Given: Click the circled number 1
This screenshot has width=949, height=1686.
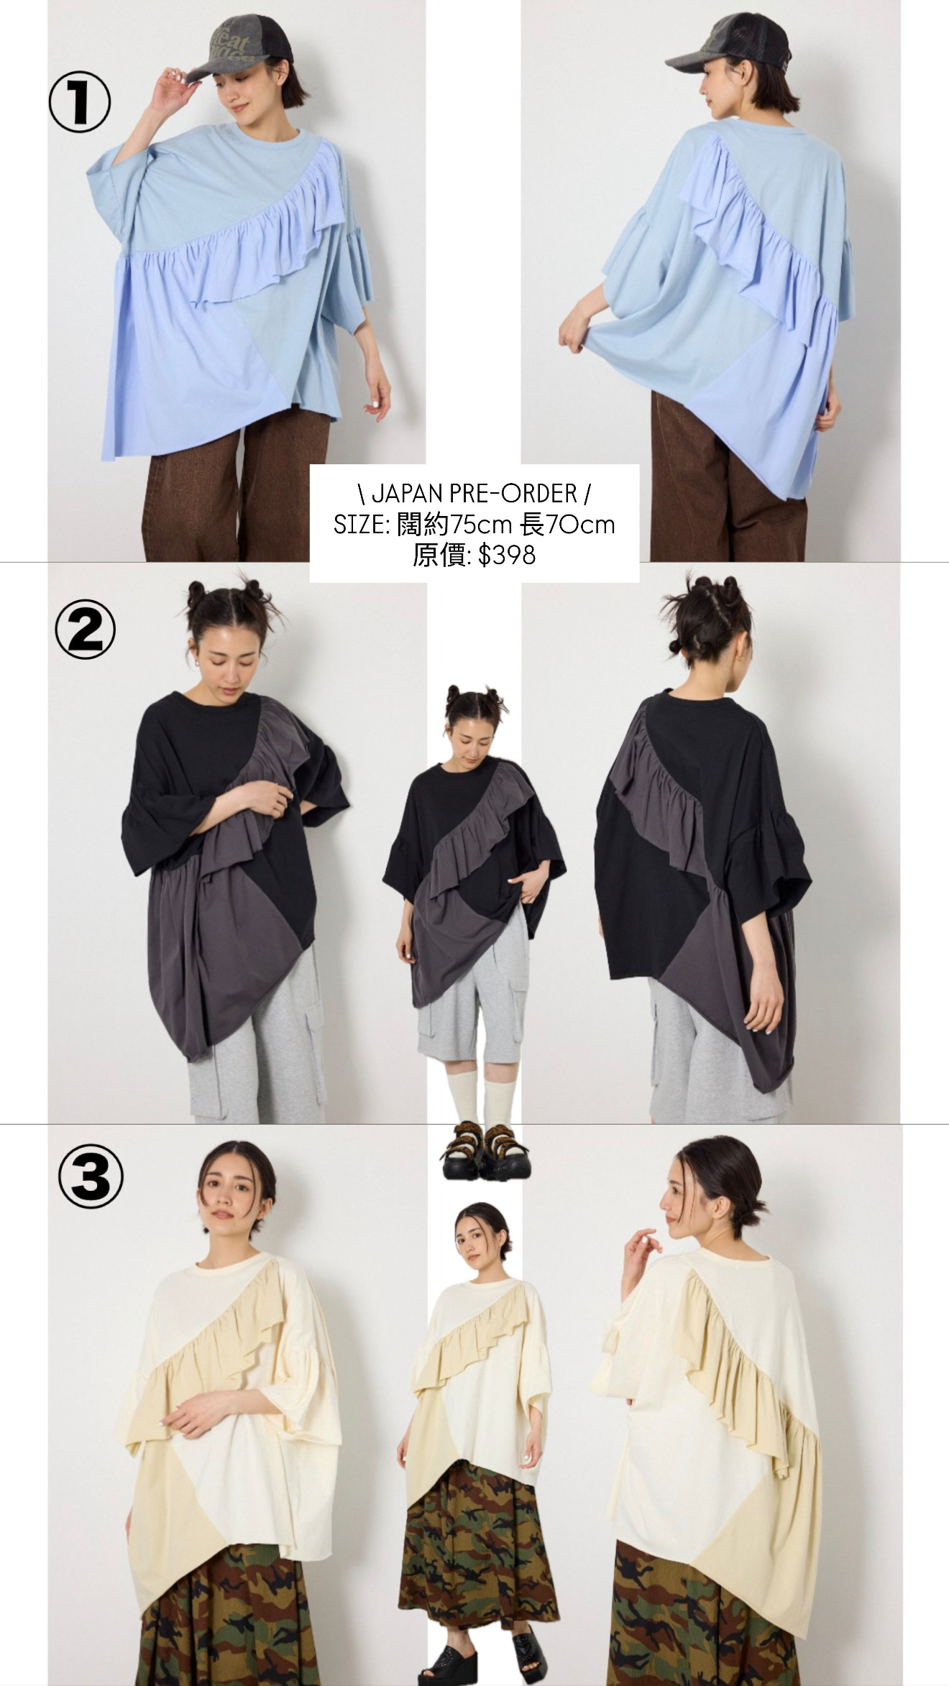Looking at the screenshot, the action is tap(79, 105).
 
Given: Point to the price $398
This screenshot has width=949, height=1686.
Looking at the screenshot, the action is tap(507, 555).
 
